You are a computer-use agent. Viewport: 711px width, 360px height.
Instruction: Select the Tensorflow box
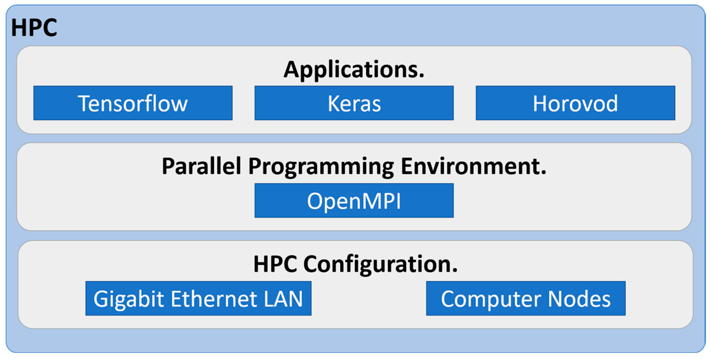click(x=133, y=103)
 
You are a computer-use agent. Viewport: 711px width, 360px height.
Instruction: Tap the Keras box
click(x=354, y=103)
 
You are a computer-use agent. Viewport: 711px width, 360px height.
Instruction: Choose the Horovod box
click(x=575, y=103)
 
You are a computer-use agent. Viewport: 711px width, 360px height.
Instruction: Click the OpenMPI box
click(x=354, y=200)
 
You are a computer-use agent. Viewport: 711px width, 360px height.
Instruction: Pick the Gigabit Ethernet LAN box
click(x=198, y=299)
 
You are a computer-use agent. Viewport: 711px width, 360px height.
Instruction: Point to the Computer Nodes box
click(x=526, y=299)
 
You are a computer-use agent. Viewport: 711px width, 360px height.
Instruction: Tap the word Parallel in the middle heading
click(x=201, y=166)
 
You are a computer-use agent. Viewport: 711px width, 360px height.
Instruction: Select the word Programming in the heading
click(x=321, y=167)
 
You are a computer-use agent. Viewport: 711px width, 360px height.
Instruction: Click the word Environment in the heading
click(x=471, y=166)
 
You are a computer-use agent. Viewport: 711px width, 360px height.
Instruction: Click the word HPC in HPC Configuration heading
click(x=275, y=264)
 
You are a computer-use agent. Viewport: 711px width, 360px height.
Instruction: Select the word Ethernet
click(x=213, y=299)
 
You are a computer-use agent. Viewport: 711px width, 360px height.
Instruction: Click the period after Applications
click(x=421, y=76)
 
